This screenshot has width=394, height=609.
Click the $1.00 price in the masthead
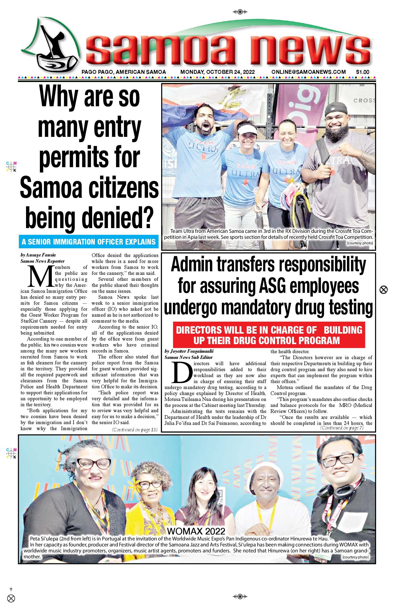[x=362, y=72]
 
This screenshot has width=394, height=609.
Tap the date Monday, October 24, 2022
[x=218, y=72]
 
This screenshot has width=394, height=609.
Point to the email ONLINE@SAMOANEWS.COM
[x=309, y=72]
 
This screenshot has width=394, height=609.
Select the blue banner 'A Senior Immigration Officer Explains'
[x=89, y=242]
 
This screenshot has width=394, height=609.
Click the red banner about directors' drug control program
[x=269, y=335]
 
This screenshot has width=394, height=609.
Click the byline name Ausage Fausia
[x=41, y=255]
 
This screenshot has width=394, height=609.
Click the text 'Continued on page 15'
[x=135, y=430]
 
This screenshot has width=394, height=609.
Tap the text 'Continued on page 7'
[x=341, y=428]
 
